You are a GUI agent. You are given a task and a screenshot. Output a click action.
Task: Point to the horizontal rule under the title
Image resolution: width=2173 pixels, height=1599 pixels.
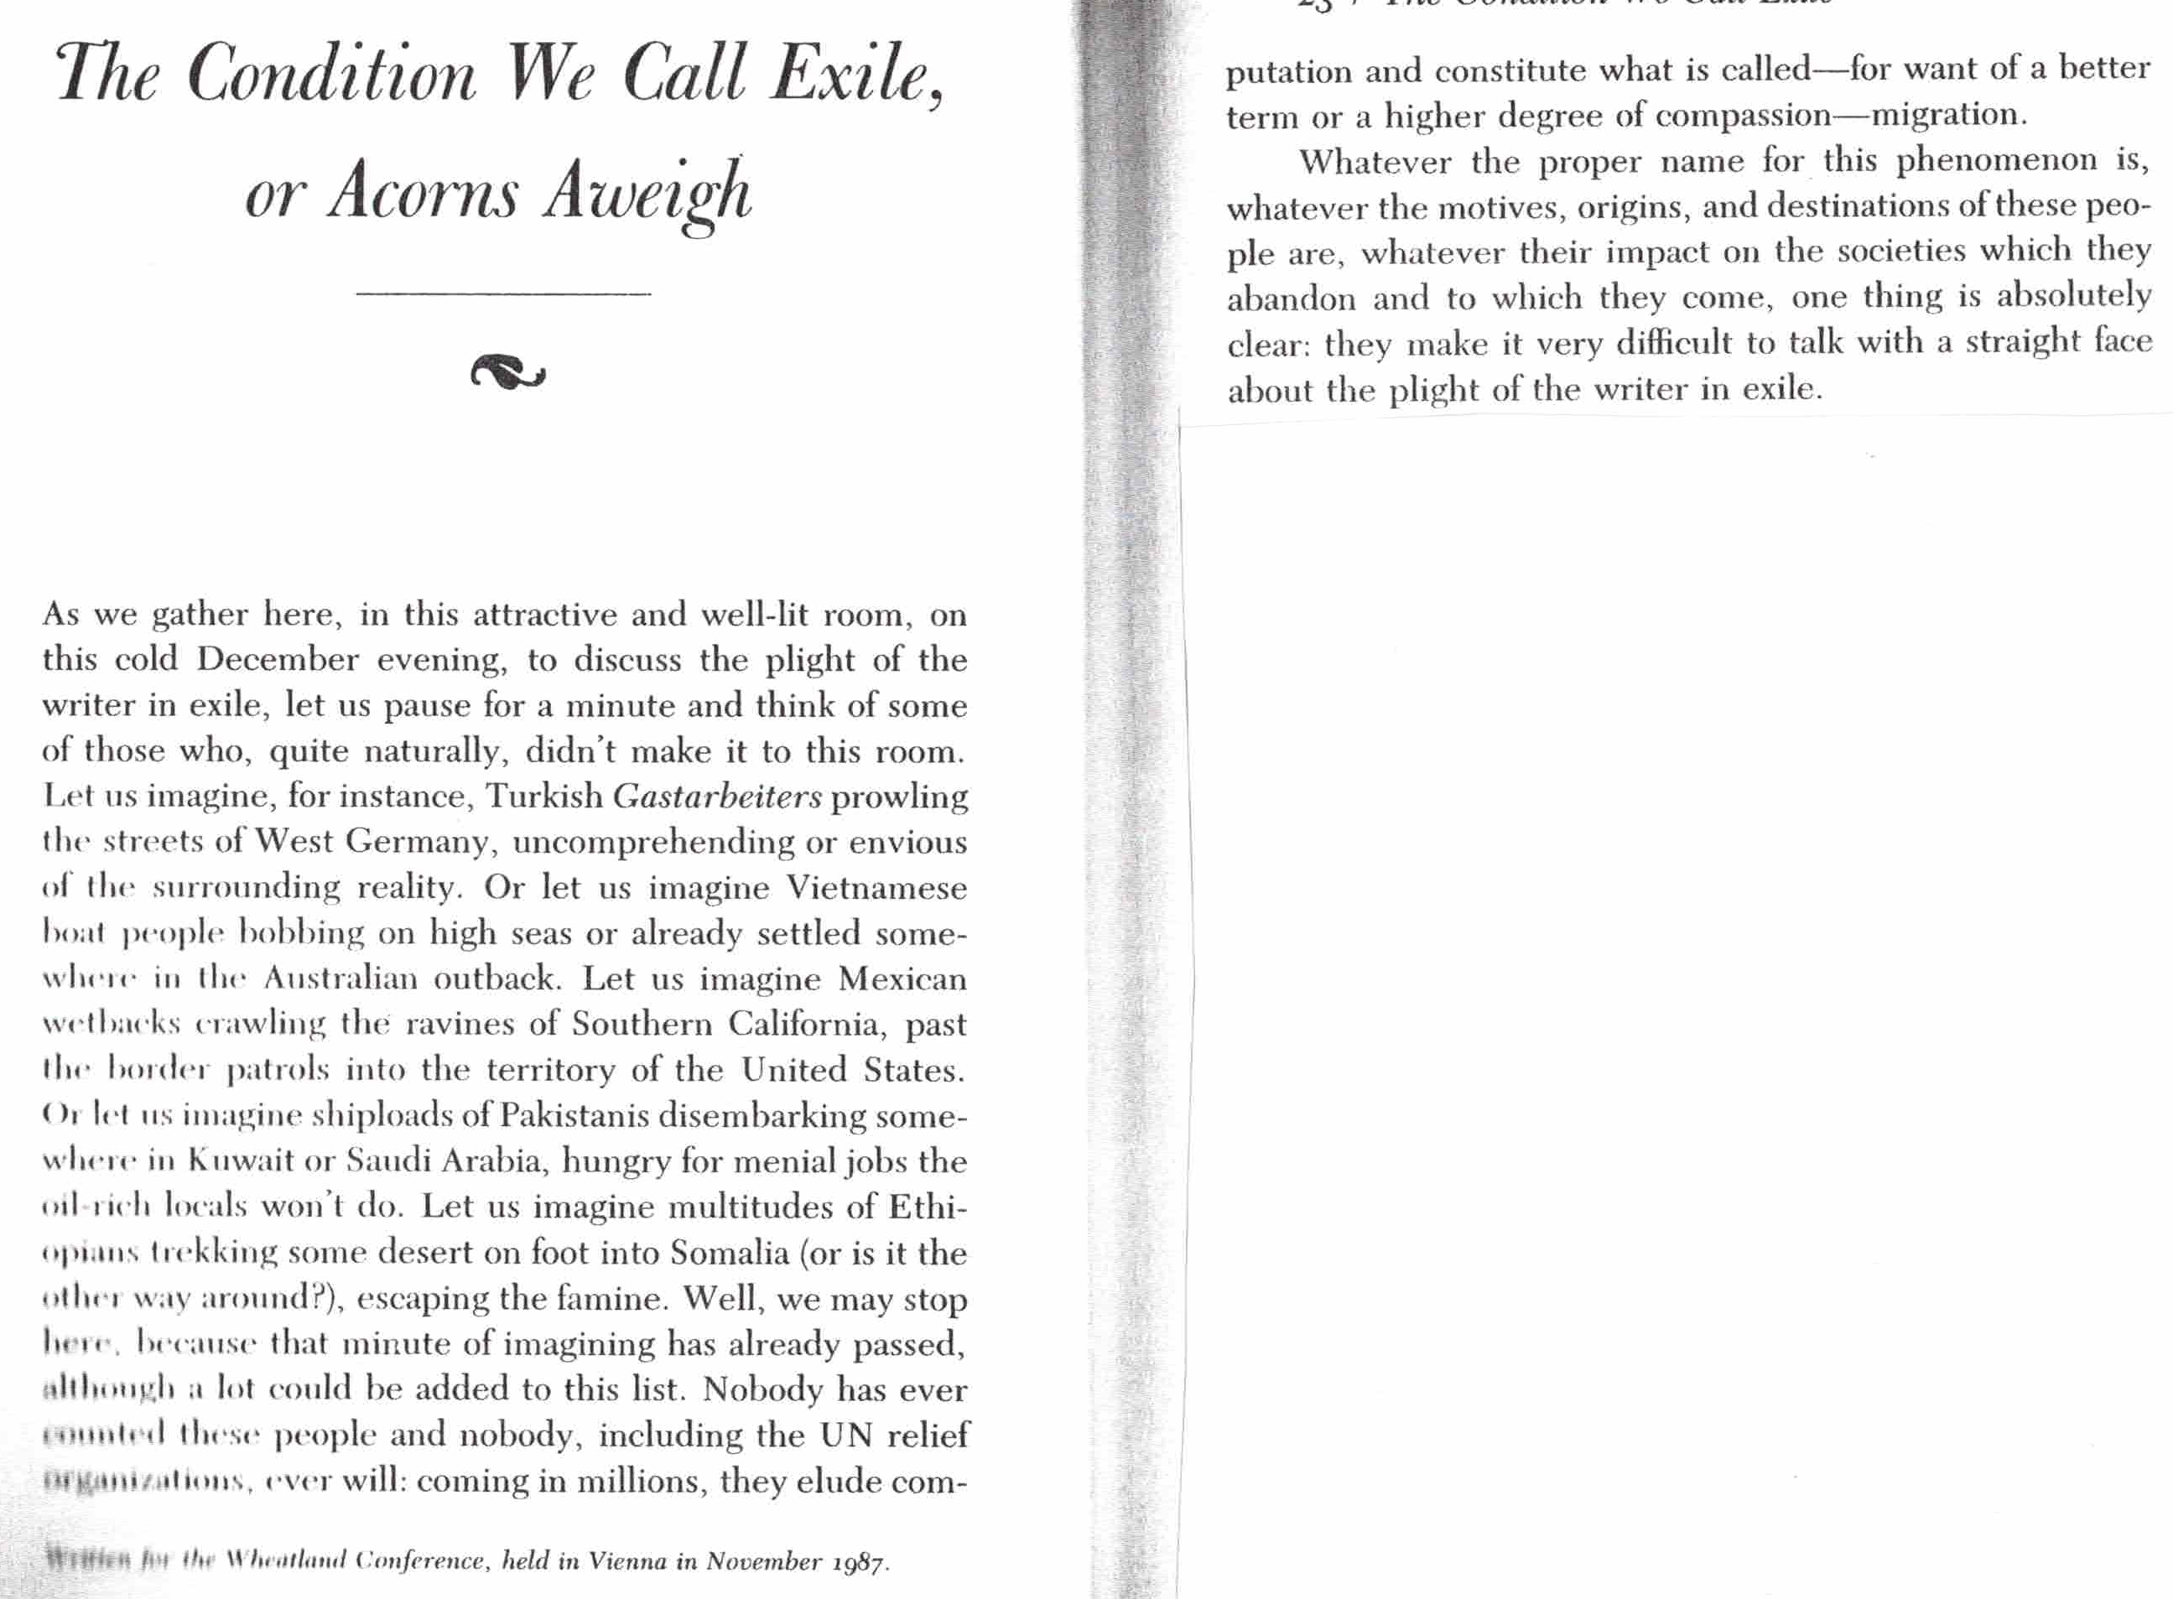pyautogui.click(x=503, y=293)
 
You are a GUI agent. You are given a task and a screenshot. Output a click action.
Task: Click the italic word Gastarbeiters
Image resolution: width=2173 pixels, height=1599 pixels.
pyautogui.click(x=717, y=797)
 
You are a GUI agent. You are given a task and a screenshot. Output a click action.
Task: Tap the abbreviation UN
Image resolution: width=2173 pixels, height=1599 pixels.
pyautogui.click(x=847, y=1435)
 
